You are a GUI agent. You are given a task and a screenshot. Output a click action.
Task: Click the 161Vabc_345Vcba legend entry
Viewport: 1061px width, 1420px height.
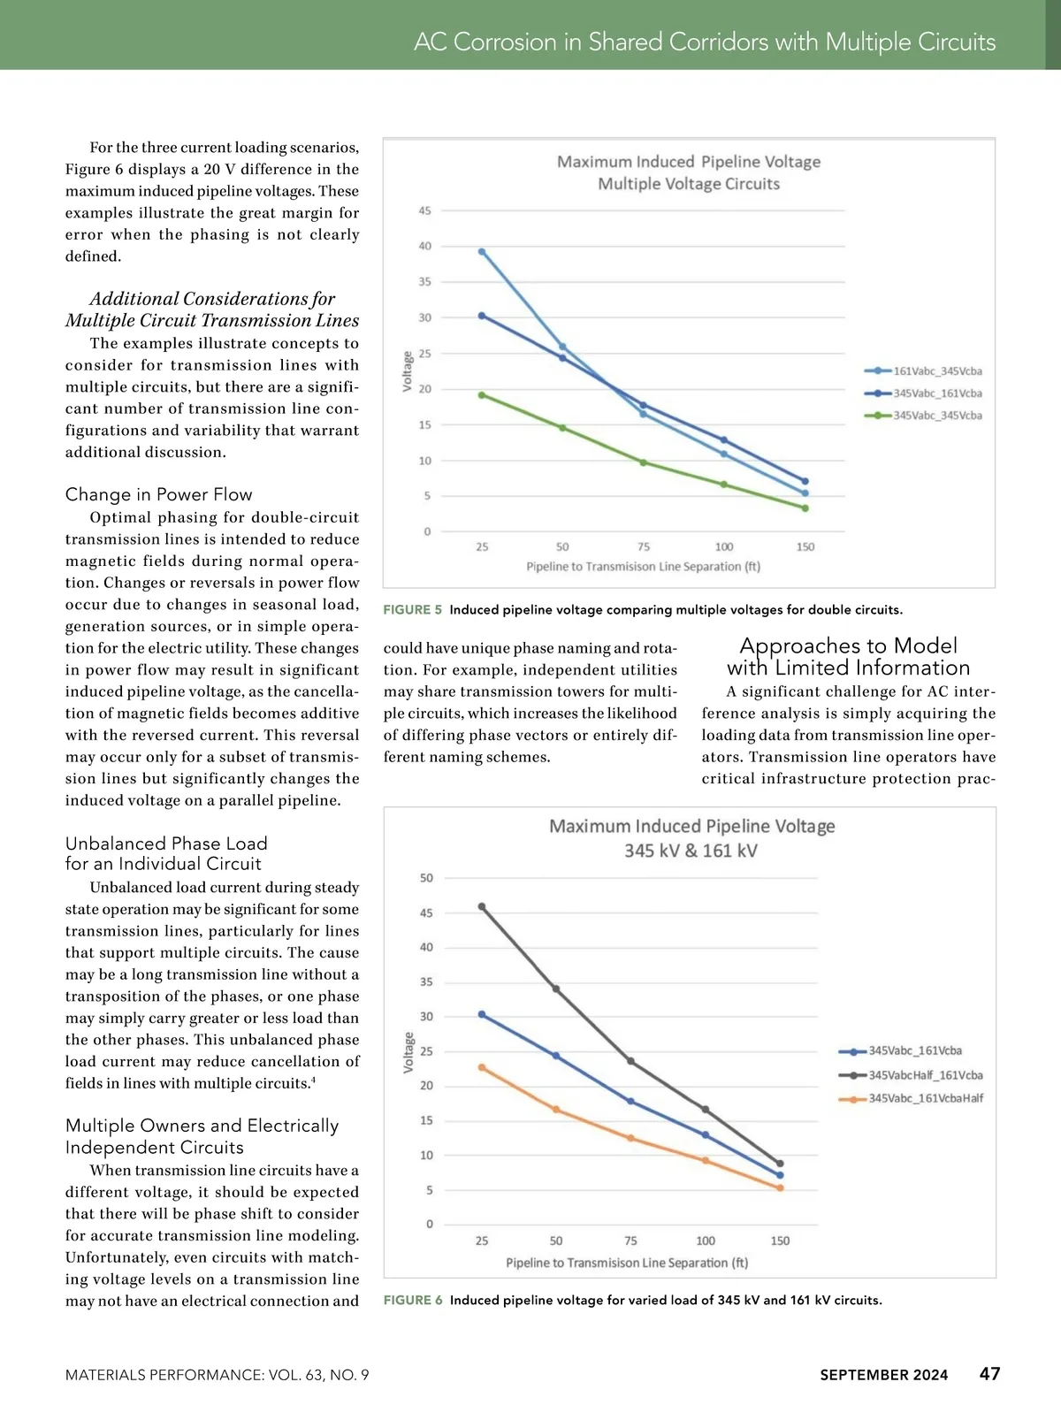point(936,371)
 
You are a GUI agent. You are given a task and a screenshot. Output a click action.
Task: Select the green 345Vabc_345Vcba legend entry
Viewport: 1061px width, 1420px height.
point(936,416)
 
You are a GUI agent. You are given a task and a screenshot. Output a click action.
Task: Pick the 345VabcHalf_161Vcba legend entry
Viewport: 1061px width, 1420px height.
point(925,1075)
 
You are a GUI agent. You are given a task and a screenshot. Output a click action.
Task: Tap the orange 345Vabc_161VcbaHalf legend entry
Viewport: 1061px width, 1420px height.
point(925,1098)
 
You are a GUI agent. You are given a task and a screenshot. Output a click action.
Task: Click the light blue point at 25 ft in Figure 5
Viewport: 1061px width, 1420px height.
point(482,252)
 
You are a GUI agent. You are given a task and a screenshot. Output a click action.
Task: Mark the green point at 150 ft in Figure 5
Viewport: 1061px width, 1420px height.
point(805,508)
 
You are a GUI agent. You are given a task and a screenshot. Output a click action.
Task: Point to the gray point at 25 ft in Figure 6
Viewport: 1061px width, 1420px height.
point(482,906)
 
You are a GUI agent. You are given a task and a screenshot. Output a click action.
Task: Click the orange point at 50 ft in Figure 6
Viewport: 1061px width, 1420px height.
point(556,1110)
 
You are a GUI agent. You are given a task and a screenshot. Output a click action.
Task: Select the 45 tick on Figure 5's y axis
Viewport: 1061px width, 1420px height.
point(425,210)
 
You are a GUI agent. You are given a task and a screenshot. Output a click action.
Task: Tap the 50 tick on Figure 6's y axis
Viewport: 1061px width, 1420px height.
point(426,878)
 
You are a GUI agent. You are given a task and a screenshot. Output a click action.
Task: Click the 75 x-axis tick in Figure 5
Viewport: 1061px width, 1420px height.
point(644,547)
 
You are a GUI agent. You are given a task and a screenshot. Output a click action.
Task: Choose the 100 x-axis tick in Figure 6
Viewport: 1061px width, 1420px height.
point(706,1241)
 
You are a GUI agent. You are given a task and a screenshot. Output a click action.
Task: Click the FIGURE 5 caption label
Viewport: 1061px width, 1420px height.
point(413,610)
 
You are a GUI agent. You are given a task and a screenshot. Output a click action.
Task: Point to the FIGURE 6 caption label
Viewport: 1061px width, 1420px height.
point(413,1301)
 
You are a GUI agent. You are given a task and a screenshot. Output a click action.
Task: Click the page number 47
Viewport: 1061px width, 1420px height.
point(989,1374)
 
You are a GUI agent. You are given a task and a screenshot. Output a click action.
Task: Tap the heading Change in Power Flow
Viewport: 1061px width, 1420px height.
point(159,495)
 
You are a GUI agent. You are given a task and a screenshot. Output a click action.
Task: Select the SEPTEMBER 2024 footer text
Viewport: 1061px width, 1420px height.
point(883,1375)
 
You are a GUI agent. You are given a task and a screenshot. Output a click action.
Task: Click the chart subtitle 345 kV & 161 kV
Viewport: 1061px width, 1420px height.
point(691,851)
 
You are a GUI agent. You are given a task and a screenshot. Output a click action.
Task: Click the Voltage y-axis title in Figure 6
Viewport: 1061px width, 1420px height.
point(408,1052)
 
